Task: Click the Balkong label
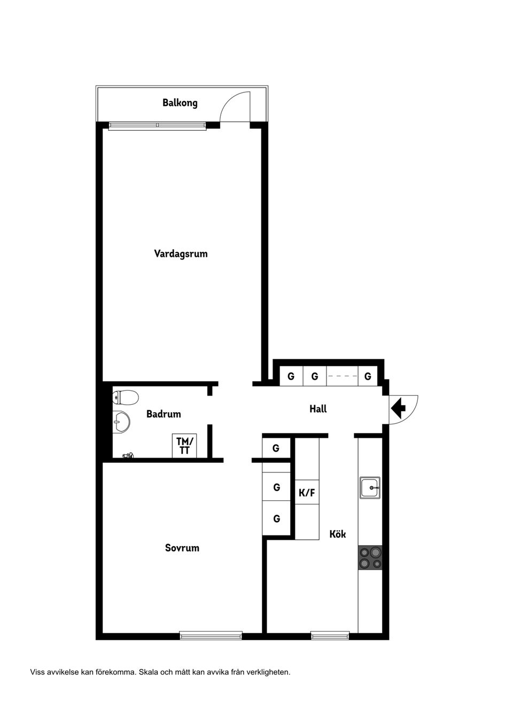pos(180,103)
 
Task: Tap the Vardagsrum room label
pos(181,254)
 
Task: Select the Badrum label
pos(164,414)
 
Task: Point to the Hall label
pos(318,409)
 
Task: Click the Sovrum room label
pos(182,548)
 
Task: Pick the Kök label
pos(338,534)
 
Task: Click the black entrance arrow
pos(398,409)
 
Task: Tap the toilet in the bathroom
pos(126,397)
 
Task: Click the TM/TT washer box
pos(185,446)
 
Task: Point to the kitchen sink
pos(370,487)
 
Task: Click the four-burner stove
pos(370,557)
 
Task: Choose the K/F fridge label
pos(307,493)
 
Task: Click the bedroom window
pos(211,635)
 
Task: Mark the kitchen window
pos(330,635)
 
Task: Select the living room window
pos(157,126)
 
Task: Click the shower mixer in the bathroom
pos(128,455)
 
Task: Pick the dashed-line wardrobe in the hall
pos(342,376)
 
